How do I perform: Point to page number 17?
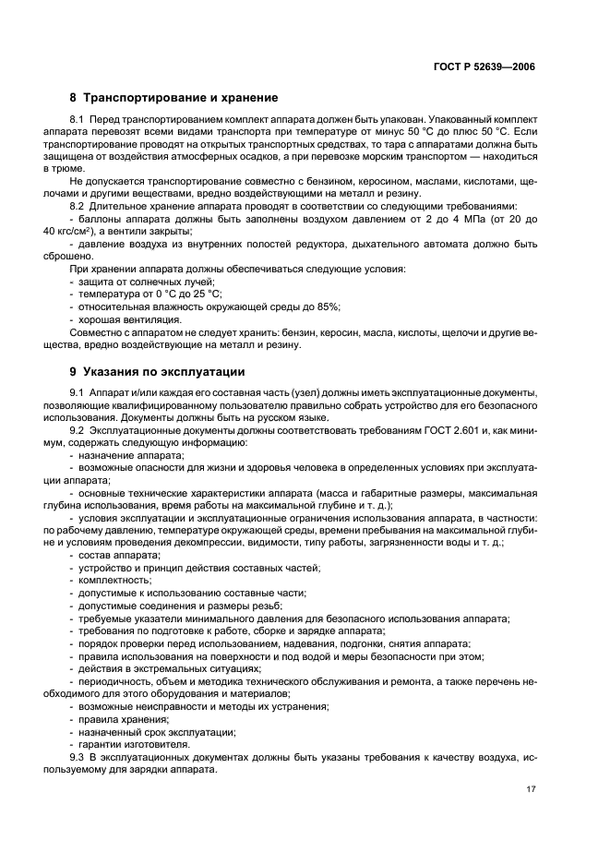[x=529, y=788]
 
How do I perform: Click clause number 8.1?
[x=78, y=120]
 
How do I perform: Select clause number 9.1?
[x=78, y=394]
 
